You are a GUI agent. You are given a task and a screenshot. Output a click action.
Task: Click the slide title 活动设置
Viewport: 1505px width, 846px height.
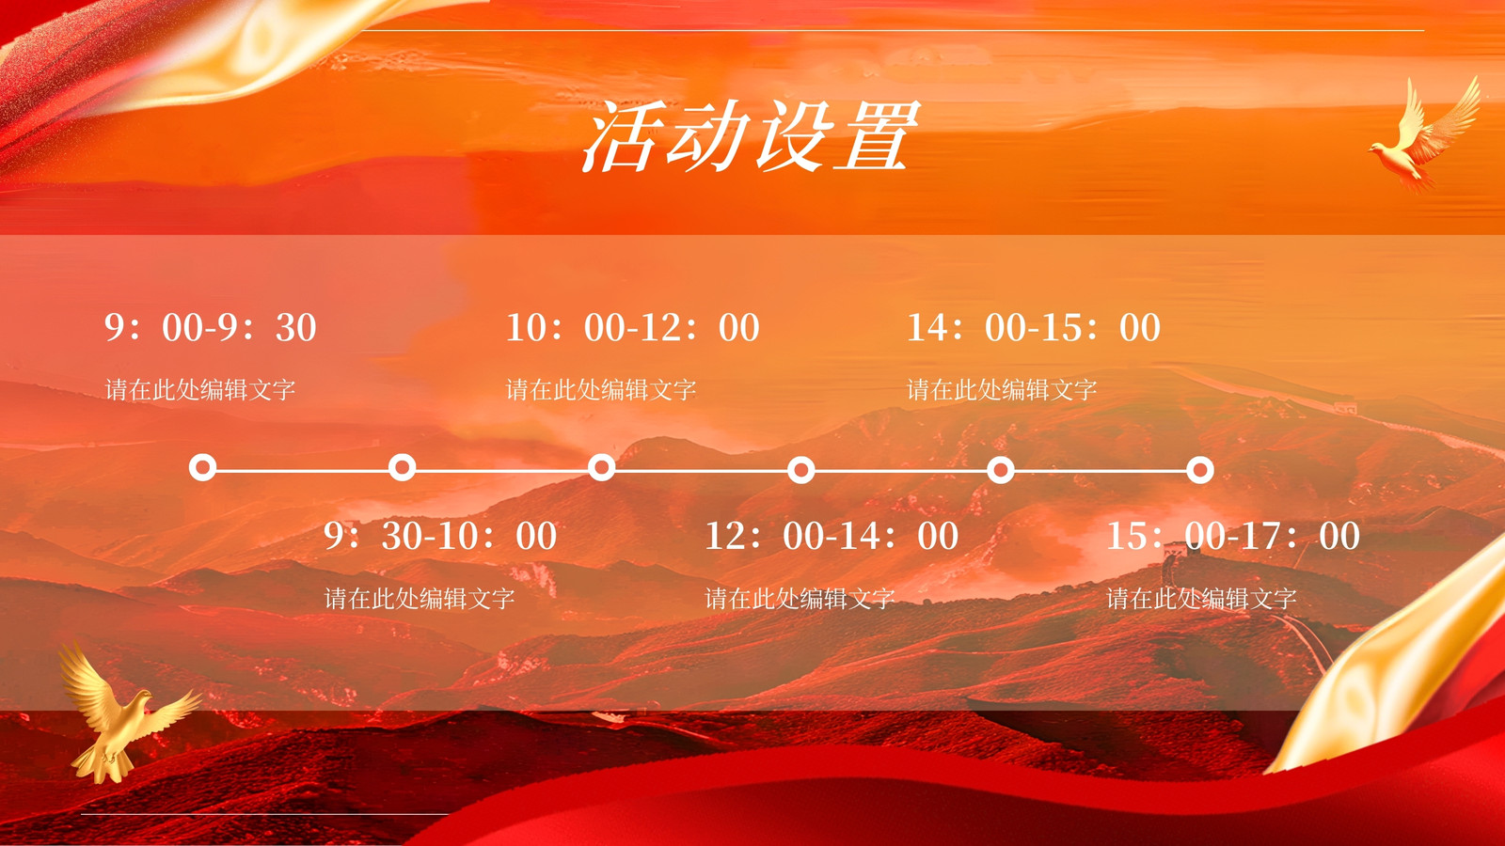click(751, 135)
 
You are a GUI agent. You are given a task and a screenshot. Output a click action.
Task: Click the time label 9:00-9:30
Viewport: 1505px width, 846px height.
click(211, 328)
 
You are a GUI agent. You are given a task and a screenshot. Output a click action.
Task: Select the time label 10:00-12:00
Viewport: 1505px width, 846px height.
click(632, 328)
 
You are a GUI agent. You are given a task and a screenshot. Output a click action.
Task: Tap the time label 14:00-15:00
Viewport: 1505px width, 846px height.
click(1034, 328)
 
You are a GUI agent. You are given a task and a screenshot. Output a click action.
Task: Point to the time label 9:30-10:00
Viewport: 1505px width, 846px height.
click(440, 536)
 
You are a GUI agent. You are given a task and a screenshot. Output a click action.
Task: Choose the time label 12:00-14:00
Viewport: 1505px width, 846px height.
click(832, 536)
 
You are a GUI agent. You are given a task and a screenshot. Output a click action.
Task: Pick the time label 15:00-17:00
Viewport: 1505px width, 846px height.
click(1233, 536)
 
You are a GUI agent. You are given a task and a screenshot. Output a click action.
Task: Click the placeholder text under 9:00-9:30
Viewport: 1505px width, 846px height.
click(200, 389)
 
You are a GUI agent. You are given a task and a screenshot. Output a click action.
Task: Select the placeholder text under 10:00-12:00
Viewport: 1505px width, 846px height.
click(601, 389)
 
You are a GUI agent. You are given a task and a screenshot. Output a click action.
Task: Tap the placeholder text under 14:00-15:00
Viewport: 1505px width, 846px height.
click(1002, 389)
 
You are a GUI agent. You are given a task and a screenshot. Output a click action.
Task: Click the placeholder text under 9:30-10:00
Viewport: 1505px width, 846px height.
click(420, 598)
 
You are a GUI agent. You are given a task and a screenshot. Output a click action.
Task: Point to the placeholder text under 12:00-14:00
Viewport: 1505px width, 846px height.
click(800, 598)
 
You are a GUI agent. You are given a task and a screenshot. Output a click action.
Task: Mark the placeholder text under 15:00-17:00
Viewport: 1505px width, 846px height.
click(1201, 598)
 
